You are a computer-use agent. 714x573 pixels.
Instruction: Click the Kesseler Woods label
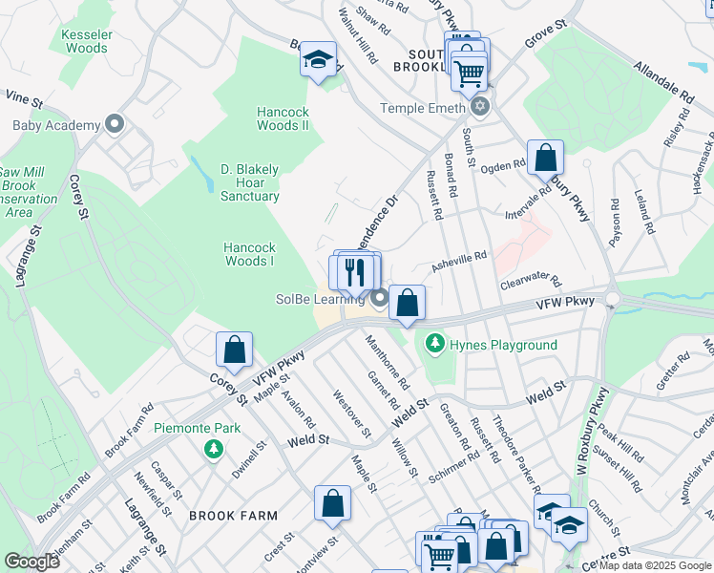85,40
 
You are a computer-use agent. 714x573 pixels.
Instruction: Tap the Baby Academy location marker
115,124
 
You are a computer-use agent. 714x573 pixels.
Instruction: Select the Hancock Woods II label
283,118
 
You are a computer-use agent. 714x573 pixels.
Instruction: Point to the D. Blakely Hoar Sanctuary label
250,182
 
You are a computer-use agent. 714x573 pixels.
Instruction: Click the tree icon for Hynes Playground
435,342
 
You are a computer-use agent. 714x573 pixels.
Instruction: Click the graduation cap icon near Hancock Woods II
318,61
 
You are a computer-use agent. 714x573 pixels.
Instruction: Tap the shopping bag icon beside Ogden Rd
545,157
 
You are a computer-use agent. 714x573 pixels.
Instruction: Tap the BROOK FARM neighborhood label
233,516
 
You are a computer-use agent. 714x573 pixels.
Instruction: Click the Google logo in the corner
32,562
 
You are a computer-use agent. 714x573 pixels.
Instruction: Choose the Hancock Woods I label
249,254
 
